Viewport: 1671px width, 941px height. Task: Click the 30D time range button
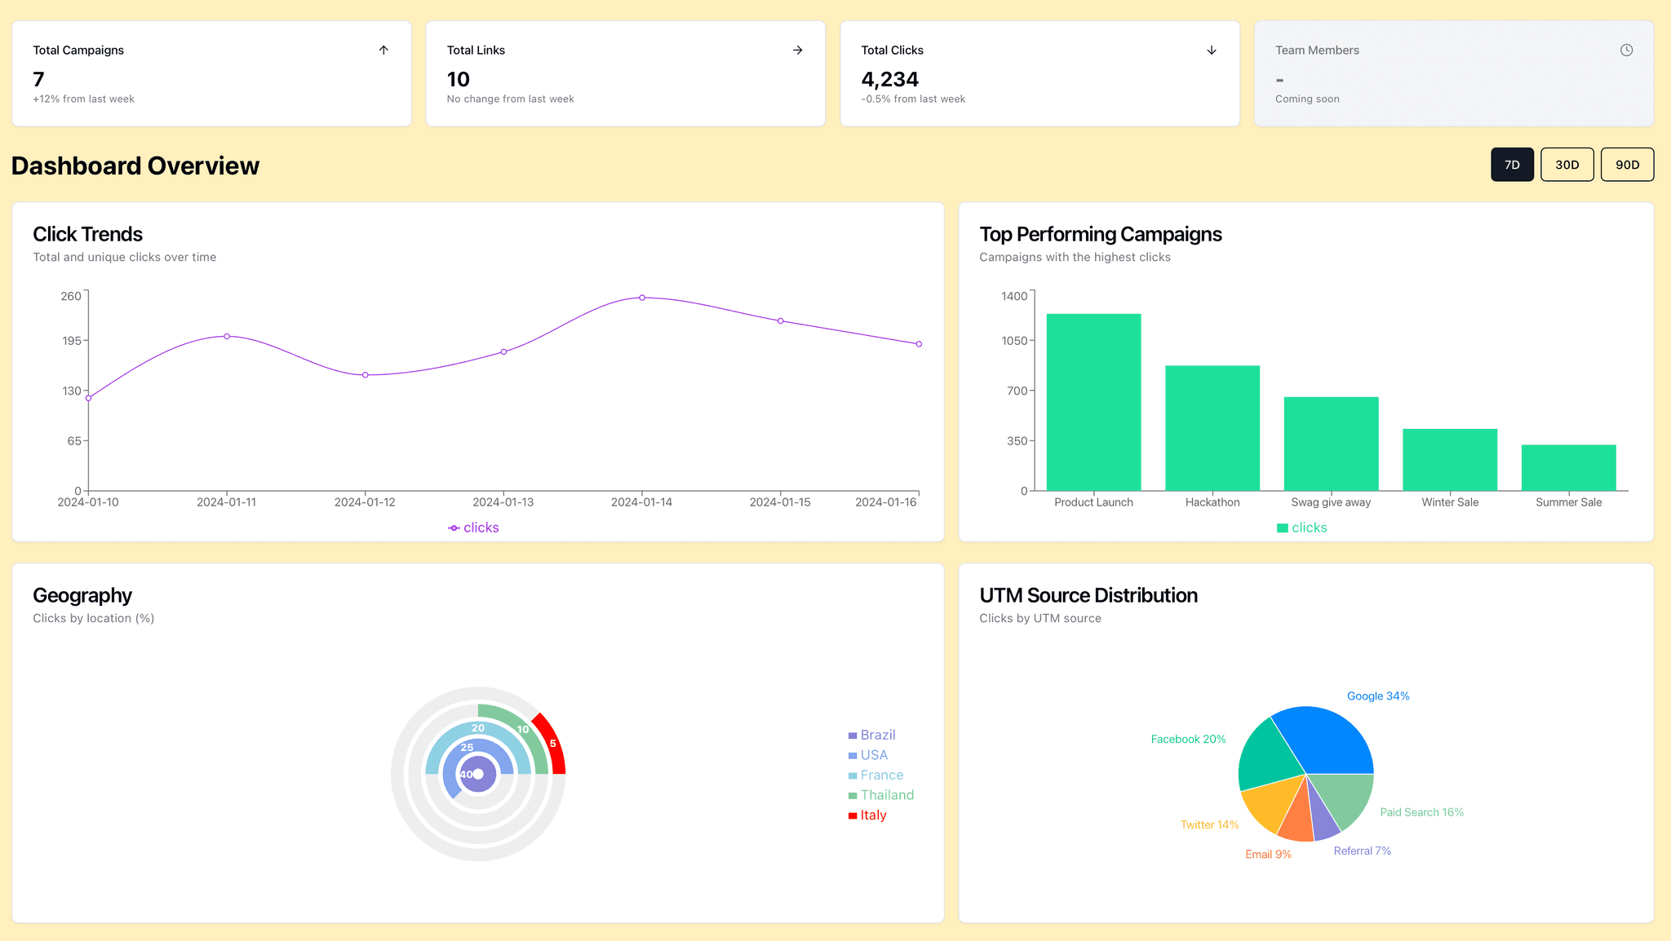click(x=1567, y=165)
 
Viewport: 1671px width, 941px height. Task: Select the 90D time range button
click(x=1627, y=165)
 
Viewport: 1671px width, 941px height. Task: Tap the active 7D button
click(x=1512, y=165)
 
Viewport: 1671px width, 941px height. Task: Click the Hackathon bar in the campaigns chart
click(x=1212, y=428)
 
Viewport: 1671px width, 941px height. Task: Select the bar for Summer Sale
click(x=1568, y=467)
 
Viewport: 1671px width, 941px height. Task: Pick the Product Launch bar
click(x=1093, y=402)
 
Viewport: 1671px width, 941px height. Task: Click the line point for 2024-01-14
click(x=642, y=298)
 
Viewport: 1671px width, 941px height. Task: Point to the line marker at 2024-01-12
click(x=365, y=375)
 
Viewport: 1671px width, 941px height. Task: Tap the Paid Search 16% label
click(x=1421, y=812)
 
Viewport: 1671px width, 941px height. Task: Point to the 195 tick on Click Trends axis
click(x=72, y=340)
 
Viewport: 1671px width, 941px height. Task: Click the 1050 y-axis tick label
click(x=1014, y=340)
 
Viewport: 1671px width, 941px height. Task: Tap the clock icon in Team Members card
click(x=1626, y=50)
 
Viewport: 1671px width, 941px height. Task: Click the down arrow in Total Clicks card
click(x=1212, y=50)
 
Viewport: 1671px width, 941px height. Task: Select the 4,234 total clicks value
click(x=889, y=79)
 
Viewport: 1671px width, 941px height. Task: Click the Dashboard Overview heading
click(x=135, y=166)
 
